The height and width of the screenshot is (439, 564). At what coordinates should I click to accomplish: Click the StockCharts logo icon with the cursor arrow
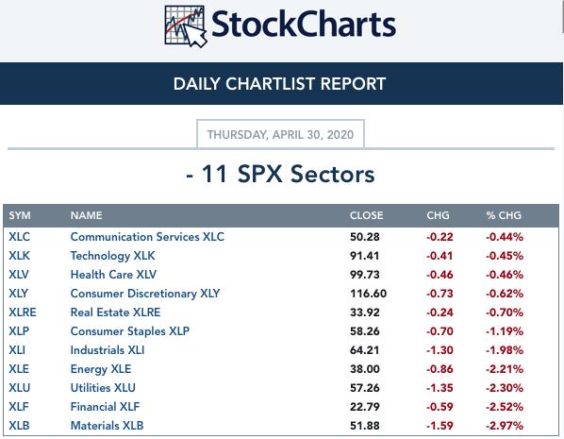186,26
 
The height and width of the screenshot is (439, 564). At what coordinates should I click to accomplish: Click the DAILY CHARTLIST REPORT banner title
279,84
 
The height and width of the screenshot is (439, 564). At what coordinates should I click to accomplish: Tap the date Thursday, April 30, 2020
280,135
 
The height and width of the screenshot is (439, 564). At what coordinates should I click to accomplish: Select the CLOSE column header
366,215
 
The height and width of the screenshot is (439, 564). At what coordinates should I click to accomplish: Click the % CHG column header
504,215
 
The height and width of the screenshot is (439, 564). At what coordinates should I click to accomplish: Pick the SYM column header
20,215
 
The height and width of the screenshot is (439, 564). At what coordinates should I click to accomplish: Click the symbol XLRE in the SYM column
23,312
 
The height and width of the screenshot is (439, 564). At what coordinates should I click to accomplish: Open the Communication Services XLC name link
147,237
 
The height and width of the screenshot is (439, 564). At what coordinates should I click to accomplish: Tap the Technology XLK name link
112,256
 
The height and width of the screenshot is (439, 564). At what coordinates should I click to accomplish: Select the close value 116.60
369,294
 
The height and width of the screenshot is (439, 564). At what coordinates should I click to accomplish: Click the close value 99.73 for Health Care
365,275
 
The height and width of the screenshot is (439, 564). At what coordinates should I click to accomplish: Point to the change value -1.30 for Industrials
440,350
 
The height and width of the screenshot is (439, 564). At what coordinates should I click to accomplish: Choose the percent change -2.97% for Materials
505,426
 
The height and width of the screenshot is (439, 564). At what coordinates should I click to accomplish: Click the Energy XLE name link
101,369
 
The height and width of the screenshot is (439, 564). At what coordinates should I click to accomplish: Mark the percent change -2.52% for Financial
505,407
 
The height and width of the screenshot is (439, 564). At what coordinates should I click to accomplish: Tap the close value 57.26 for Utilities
365,388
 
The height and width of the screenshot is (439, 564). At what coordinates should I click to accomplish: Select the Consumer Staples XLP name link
130,331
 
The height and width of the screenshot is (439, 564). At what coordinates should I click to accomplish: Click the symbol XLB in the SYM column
19,426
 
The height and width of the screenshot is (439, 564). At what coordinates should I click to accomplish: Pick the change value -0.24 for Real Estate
440,312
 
